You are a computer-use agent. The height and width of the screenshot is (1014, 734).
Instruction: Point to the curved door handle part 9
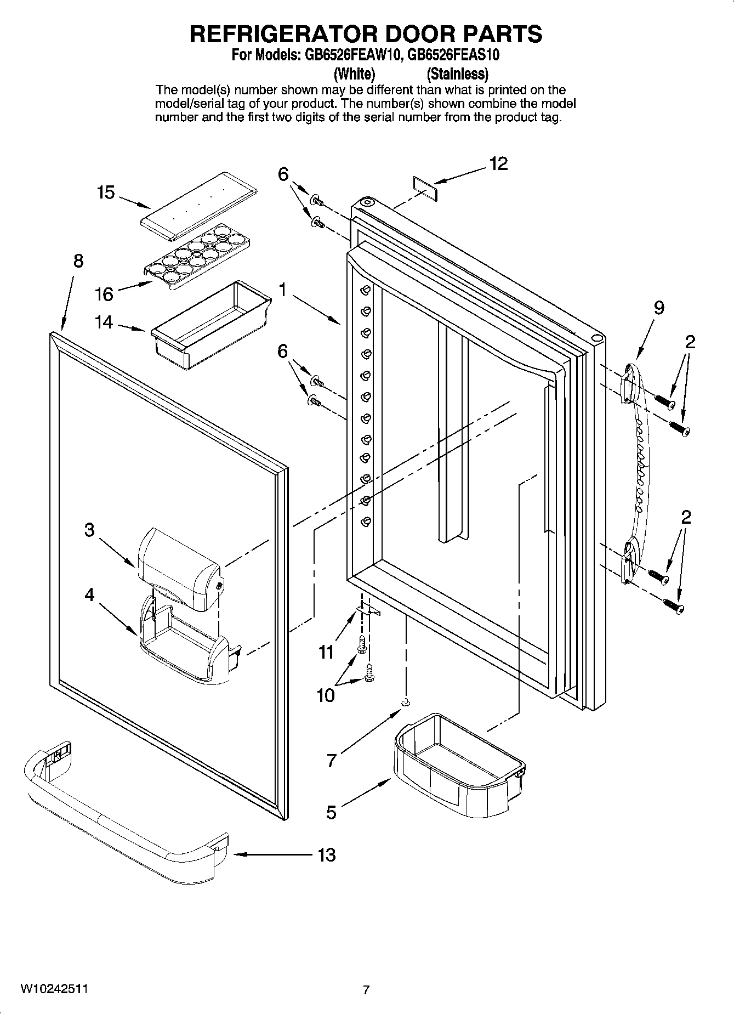[x=636, y=472]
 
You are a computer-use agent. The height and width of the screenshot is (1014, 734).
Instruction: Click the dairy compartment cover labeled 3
[x=178, y=570]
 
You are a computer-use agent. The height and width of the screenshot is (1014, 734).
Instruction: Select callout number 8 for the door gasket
[x=78, y=261]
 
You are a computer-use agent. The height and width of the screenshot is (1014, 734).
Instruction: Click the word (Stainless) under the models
[x=457, y=73]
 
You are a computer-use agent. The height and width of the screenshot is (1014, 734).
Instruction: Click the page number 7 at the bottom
[x=366, y=990]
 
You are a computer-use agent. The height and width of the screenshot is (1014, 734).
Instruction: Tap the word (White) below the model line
[x=355, y=73]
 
